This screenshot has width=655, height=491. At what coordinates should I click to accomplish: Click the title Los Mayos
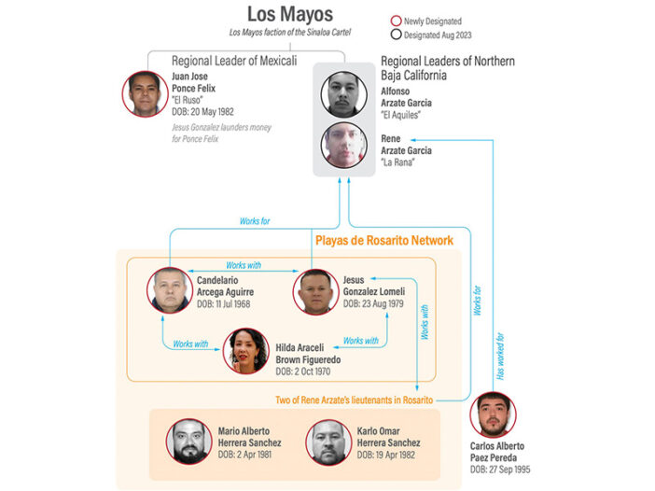pyautogui.click(x=289, y=14)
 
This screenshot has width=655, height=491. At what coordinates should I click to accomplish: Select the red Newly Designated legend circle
pyautogui.click(x=397, y=21)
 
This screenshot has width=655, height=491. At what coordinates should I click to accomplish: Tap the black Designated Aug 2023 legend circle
pyautogui.click(x=397, y=35)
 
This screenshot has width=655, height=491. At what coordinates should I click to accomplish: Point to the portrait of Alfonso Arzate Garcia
pyautogui.click(x=341, y=93)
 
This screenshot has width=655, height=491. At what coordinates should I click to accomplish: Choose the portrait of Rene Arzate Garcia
pyautogui.click(x=341, y=146)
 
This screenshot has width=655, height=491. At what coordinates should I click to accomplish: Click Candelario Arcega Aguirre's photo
pyautogui.click(x=170, y=290)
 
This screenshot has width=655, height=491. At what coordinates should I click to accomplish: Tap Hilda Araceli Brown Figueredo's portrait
pyautogui.click(x=247, y=350)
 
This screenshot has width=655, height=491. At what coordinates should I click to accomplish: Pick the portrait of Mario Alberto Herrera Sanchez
pyautogui.click(x=190, y=442)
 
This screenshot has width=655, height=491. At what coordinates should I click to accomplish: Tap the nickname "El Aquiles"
pyautogui.click(x=403, y=116)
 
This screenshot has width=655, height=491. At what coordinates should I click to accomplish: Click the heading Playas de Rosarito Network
pyautogui.click(x=383, y=241)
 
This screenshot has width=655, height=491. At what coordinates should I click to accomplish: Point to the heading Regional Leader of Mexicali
pyautogui.click(x=234, y=62)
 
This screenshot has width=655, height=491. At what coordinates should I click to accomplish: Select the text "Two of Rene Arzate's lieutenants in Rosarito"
pyautogui.click(x=354, y=400)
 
